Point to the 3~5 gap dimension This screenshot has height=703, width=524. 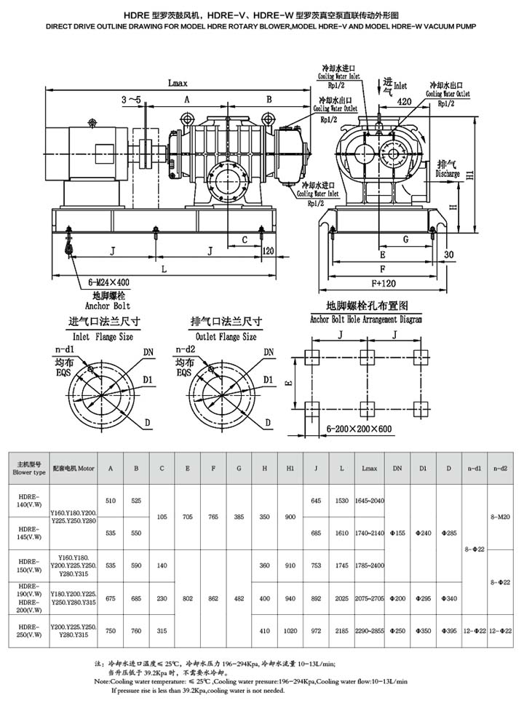pyautogui.click(x=132, y=98)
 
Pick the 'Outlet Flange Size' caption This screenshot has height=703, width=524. pyautogui.click(x=223, y=337)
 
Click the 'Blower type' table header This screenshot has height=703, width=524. pyautogui.click(x=29, y=472)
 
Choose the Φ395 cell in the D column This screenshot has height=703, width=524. pyautogui.click(x=450, y=631)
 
